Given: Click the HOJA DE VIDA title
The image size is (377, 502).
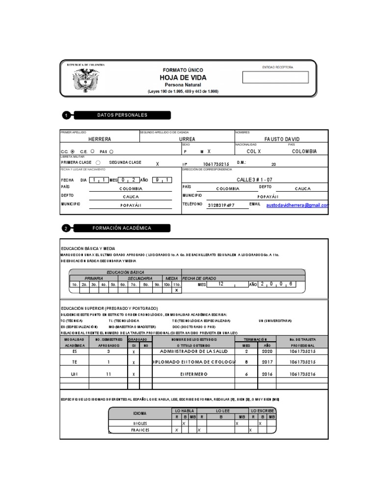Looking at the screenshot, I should (183, 78).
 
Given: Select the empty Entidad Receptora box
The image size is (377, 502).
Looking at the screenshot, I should (275, 77).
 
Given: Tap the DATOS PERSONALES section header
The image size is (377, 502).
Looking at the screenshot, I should (122, 115).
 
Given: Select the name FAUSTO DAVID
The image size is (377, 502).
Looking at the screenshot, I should (282, 139).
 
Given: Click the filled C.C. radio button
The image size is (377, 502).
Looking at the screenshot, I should (73, 151).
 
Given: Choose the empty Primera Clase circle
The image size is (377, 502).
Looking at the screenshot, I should (98, 163).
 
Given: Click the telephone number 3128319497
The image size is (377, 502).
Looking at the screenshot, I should (221, 205).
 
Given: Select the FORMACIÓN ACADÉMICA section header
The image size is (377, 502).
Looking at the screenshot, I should (122, 228).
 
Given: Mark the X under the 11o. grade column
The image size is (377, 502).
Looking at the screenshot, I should (176, 290).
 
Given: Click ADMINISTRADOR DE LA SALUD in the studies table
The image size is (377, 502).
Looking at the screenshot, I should (194, 351).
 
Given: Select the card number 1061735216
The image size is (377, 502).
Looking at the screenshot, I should (302, 374).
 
